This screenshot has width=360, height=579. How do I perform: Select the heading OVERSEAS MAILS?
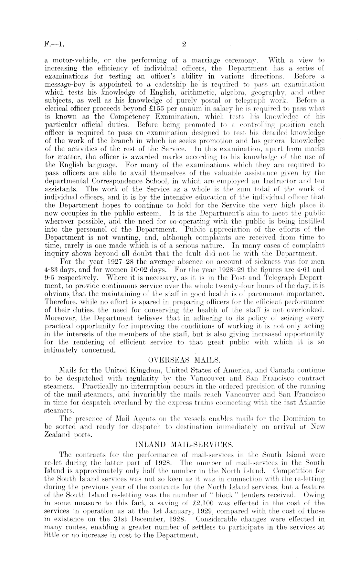(184, 359)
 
